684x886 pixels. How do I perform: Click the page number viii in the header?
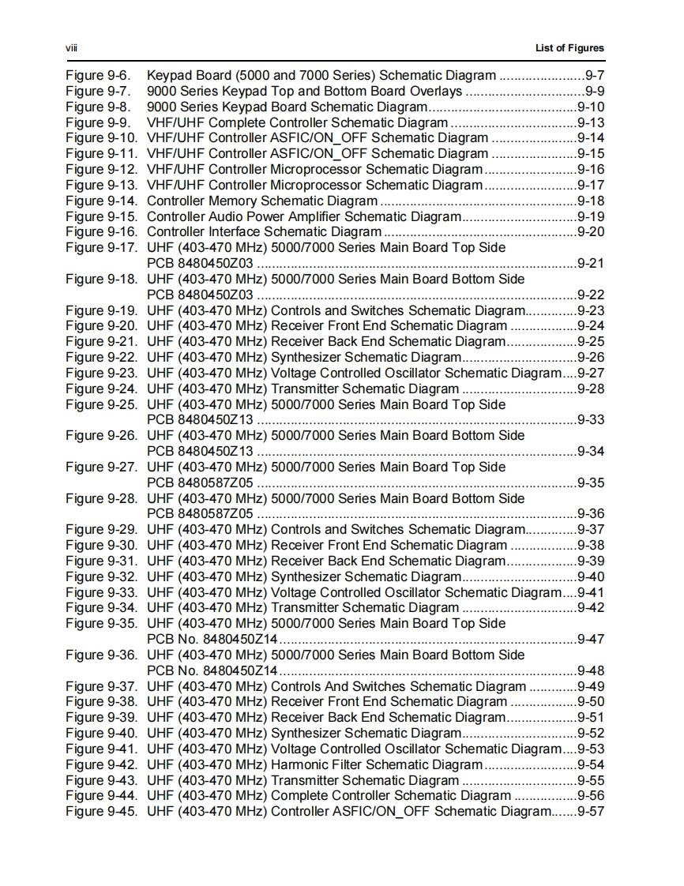[70, 48]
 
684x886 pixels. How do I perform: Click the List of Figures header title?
[569, 48]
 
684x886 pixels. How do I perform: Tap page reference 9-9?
[595, 92]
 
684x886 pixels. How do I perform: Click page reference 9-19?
[591, 216]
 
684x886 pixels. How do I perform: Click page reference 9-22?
[591, 295]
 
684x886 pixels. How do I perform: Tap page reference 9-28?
[591, 389]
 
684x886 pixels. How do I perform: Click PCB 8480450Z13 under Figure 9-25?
[201, 420]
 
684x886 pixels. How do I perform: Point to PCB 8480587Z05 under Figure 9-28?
[201, 514]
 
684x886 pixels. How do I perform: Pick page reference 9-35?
[591, 482]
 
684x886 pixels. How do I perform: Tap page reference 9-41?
[591, 592]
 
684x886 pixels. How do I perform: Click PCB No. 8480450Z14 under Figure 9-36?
[212, 670]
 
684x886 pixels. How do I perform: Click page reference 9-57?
[591, 812]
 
